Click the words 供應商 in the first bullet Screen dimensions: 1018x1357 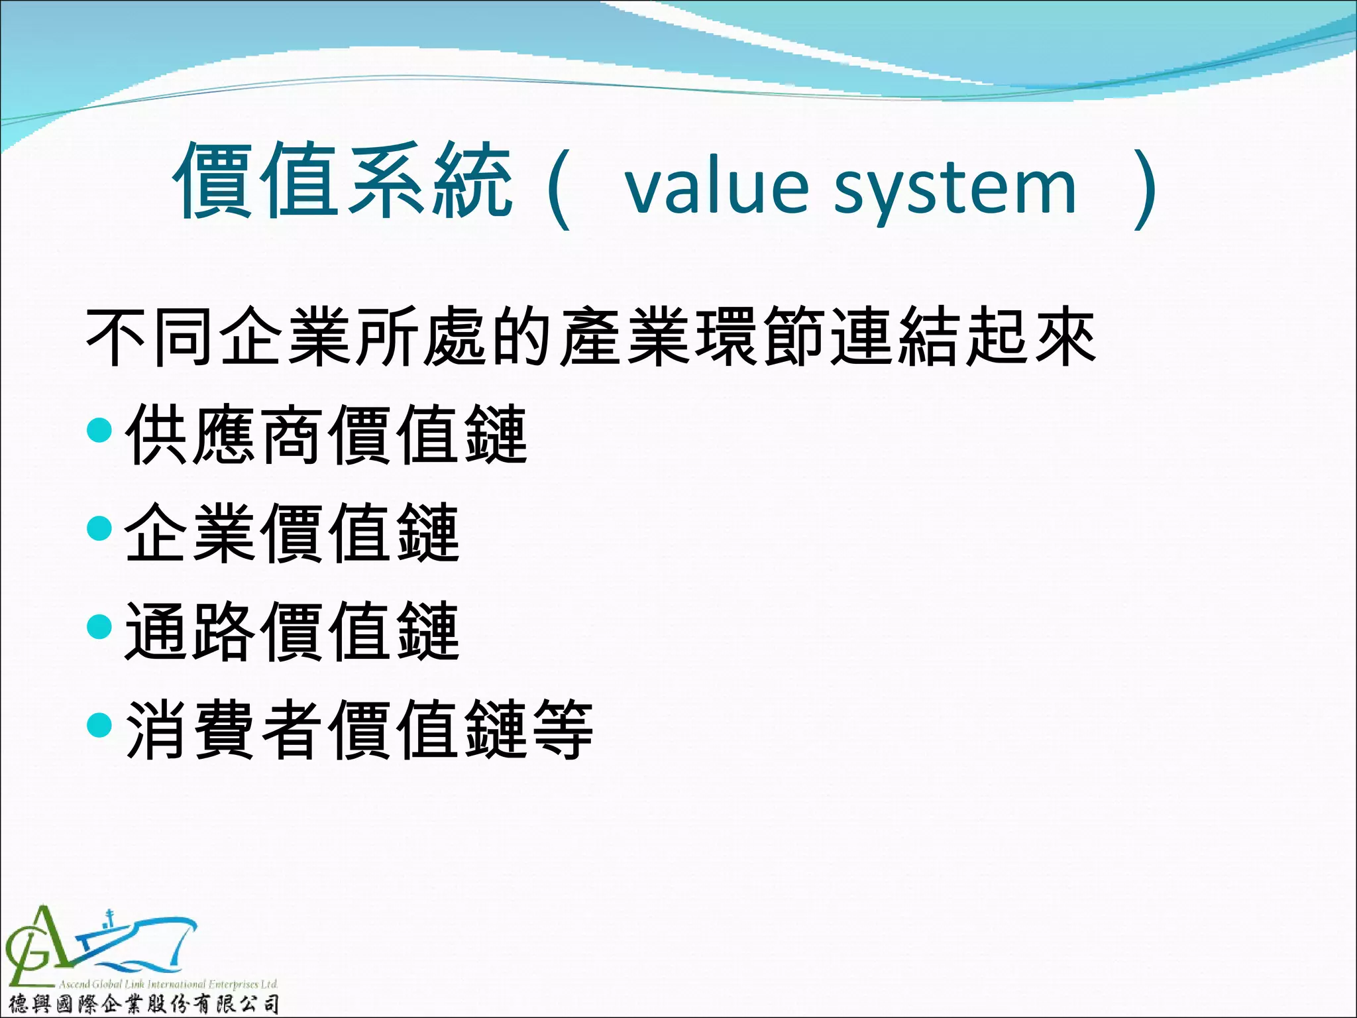(225, 435)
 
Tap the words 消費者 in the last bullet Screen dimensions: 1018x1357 (225, 730)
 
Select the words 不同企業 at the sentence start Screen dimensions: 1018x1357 (219, 337)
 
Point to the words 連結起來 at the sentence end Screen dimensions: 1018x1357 (964, 337)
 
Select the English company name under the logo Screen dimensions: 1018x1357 (168, 984)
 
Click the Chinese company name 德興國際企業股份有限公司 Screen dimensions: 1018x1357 (142, 1004)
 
